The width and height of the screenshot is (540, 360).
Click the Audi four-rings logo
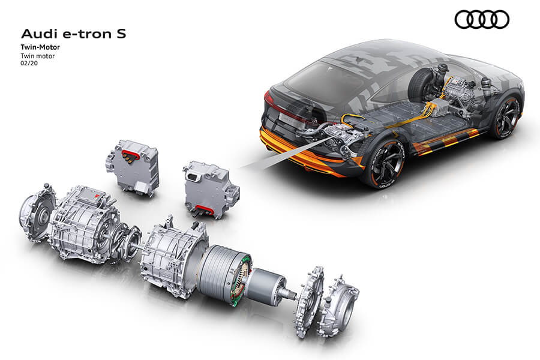(481, 19)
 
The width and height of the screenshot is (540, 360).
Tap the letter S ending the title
(121, 34)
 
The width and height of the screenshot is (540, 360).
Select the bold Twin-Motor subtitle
(40, 47)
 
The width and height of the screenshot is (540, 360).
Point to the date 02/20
(29, 64)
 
